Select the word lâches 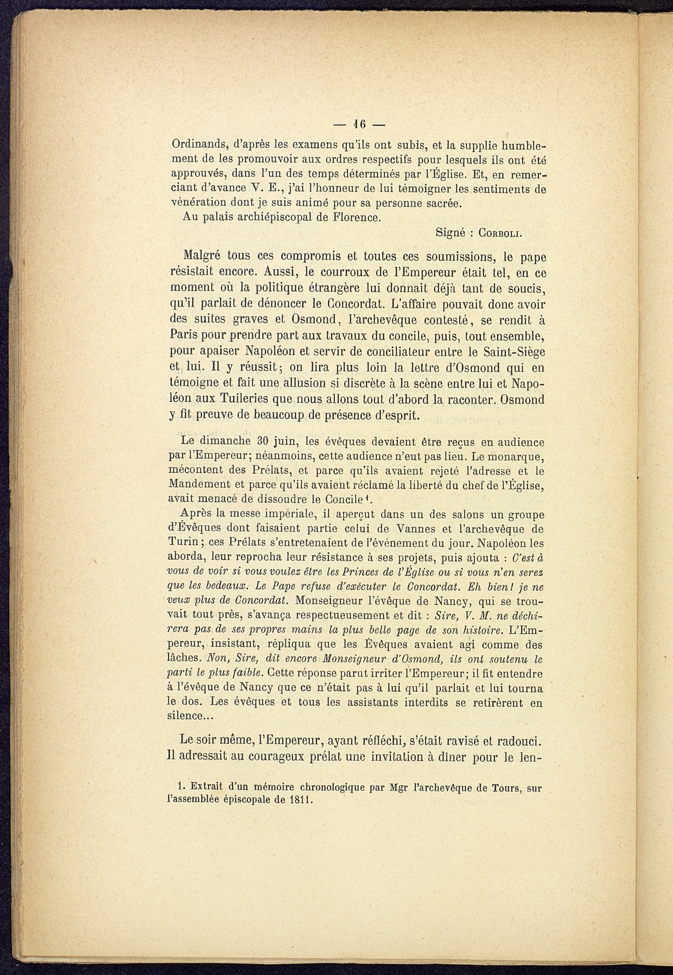click(184, 659)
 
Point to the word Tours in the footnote click(504, 787)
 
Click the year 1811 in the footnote click(297, 801)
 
